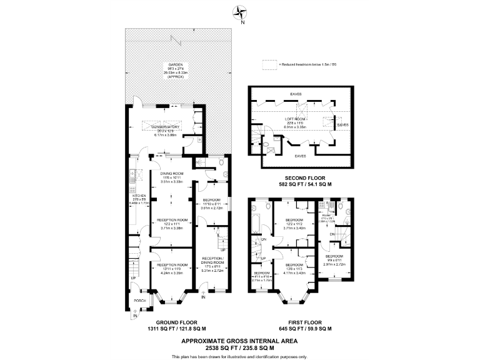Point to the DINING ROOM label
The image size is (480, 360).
[171, 173]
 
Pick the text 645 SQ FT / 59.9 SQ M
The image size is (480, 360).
[305, 329]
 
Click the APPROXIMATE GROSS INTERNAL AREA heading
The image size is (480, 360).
[239, 341]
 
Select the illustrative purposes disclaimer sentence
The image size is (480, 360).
[239, 356]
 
